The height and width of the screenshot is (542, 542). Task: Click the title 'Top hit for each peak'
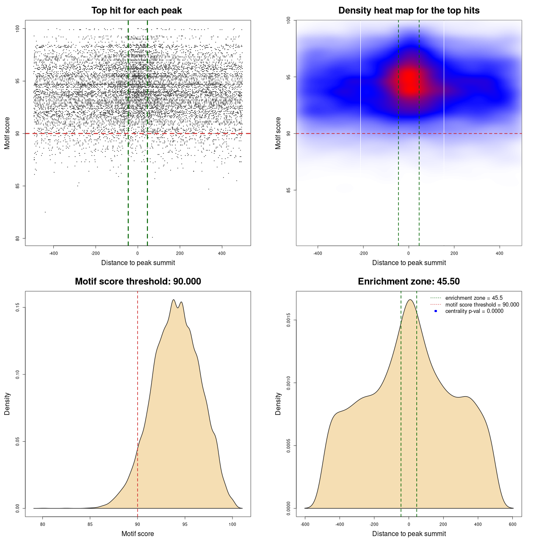point(137,11)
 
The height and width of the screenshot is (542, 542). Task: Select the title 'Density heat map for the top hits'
point(409,11)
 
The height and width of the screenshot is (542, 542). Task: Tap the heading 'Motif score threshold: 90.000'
point(138,282)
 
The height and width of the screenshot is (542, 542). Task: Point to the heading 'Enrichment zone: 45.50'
point(409,282)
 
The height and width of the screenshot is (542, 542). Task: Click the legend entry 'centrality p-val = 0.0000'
point(474,311)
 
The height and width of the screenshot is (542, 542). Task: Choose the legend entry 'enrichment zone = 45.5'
point(474,298)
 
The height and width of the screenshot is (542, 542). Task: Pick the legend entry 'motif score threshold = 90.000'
point(482,305)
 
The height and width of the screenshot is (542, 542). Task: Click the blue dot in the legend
point(436,311)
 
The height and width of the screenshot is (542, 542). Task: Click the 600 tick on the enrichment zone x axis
point(513,524)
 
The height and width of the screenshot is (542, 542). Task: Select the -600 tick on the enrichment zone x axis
point(305,524)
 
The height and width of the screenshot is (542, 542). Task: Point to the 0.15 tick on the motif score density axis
point(18,307)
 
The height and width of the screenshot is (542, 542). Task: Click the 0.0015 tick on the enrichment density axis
point(289,320)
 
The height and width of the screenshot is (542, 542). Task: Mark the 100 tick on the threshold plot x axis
point(232,524)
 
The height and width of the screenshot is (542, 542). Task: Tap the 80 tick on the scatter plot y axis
point(18,238)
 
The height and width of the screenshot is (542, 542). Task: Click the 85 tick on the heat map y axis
point(289,190)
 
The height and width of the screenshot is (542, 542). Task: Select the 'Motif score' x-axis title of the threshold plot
point(138,534)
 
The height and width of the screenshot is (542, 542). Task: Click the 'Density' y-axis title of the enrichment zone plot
point(278,404)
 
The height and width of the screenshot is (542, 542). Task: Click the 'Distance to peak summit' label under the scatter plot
point(138,263)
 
